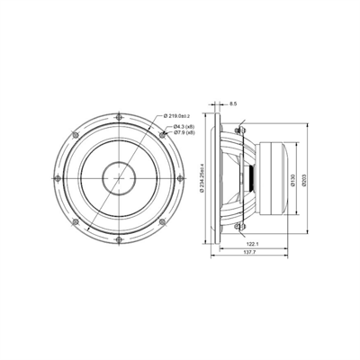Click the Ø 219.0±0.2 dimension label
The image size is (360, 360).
point(183,115)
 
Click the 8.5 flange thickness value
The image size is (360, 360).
point(234,105)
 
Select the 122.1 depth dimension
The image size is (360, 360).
point(249,245)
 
